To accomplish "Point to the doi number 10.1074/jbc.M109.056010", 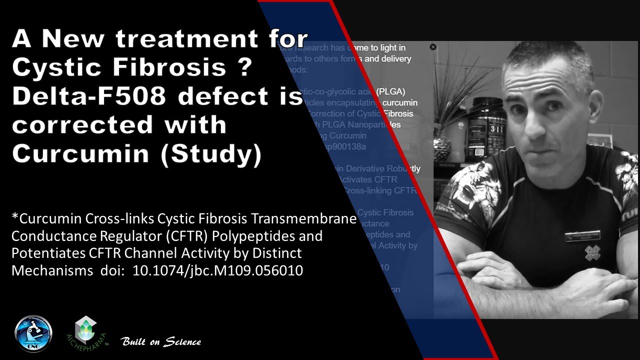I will pyautogui.click(x=217, y=270).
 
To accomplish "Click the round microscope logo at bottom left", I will pyautogui.click(x=33, y=332).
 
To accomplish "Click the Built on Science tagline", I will pyautogui.click(x=161, y=342).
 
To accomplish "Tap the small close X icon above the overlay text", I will pyautogui.click(x=433, y=47).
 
